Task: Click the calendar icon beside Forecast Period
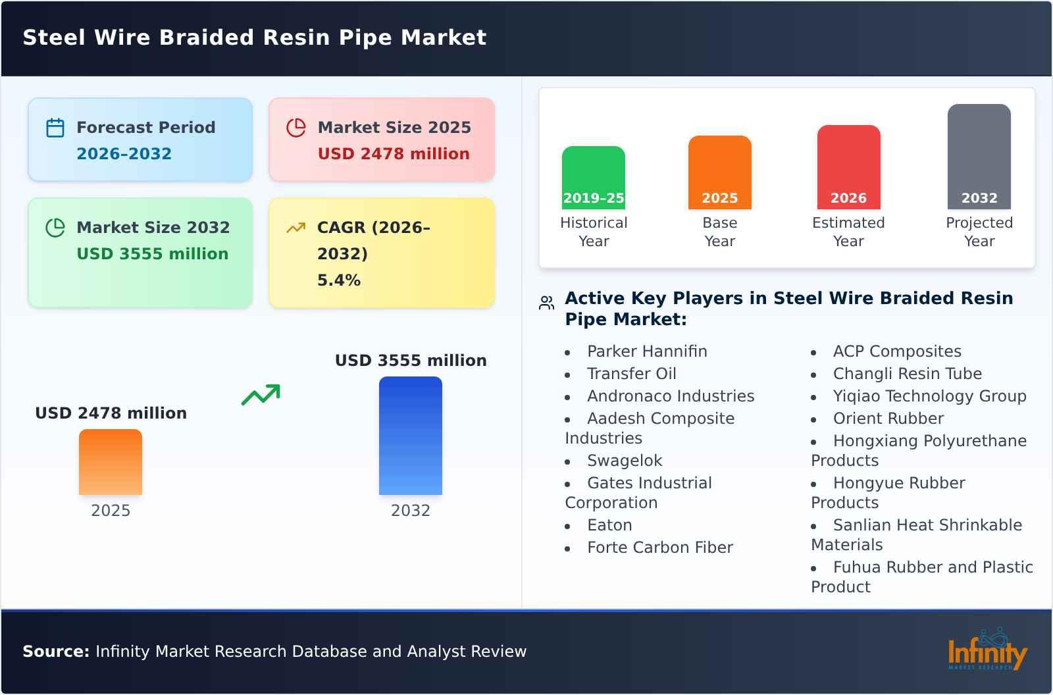[x=55, y=128]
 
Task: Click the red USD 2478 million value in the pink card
[x=394, y=154]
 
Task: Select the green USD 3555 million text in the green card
[x=153, y=254]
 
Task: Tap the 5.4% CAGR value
[x=339, y=280]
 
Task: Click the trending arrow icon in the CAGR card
[x=296, y=228]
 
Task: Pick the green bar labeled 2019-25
[x=594, y=178]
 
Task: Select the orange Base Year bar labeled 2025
[x=720, y=172]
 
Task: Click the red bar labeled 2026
[x=848, y=167]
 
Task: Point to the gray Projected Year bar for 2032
[x=979, y=157]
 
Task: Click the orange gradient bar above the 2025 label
[x=111, y=462]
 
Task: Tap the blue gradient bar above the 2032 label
[x=411, y=436]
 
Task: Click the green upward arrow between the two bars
[x=261, y=395]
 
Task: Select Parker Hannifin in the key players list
[x=647, y=351]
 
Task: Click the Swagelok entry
[x=625, y=461]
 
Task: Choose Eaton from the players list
[x=609, y=525]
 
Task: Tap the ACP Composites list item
[x=897, y=351]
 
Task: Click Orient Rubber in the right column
[x=888, y=419]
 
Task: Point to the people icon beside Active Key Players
[x=546, y=303]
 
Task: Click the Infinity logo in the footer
[x=987, y=652]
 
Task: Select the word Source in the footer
[x=55, y=652]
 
